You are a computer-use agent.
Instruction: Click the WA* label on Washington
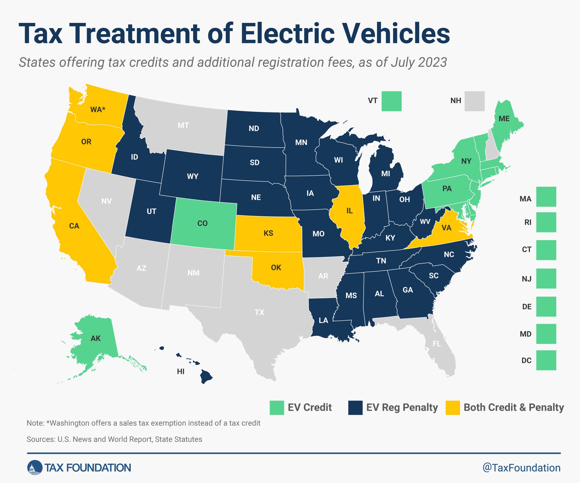[x=98, y=110]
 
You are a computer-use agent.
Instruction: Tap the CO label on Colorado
[x=202, y=223]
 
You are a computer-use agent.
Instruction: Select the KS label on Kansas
[x=268, y=233]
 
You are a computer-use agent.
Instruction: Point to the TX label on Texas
[x=260, y=312]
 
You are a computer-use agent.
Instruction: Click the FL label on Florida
[x=437, y=344]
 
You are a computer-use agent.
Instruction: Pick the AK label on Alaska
[x=96, y=338]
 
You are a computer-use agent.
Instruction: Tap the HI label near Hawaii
[x=181, y=371]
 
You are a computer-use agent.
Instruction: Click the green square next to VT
[x=391, y=101]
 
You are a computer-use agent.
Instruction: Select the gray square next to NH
[x=474, y=101]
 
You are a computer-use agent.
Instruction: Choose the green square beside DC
[x=546, y=360]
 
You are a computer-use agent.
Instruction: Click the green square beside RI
[x=546, y=222]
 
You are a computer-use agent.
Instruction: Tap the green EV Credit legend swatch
[x=277, y=408]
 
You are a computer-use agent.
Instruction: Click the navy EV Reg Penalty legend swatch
[x=355, y=408]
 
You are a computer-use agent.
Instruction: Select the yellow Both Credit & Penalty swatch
[x=453, y=408]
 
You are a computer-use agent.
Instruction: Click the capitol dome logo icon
[x=35, y=468]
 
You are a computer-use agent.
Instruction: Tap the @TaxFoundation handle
[x=521, y=468]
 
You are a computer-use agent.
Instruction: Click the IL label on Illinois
[x=349, y=211]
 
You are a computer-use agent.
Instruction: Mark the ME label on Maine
[x=504, y=119]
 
